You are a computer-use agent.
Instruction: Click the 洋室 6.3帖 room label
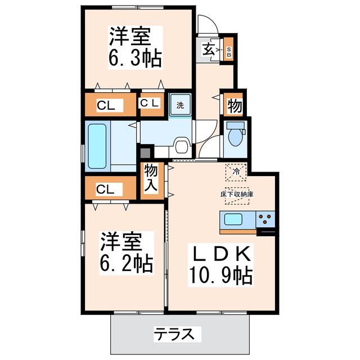tap(135, 47)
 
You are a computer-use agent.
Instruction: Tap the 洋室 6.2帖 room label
tap(126, 253)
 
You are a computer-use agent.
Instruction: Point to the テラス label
tap(174, 334)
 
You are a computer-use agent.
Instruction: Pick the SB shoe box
tap(229, 49)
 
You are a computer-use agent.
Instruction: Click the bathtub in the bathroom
tap(97, 146)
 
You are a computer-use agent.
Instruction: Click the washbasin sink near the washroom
tap(183, 145)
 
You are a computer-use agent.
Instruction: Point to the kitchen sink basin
tap(233, 219)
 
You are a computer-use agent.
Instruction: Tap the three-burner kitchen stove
tap(265, 219)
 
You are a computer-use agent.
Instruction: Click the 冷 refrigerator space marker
tap(236, 172)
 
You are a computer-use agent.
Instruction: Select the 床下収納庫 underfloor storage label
tap(237, 194)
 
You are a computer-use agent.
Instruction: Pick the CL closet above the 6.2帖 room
tap(111, 188)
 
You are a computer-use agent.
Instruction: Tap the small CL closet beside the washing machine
tap(152, 105)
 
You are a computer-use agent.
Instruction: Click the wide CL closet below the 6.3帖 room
tap(111, 105)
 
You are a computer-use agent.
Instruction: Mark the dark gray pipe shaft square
tap(146, 152)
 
